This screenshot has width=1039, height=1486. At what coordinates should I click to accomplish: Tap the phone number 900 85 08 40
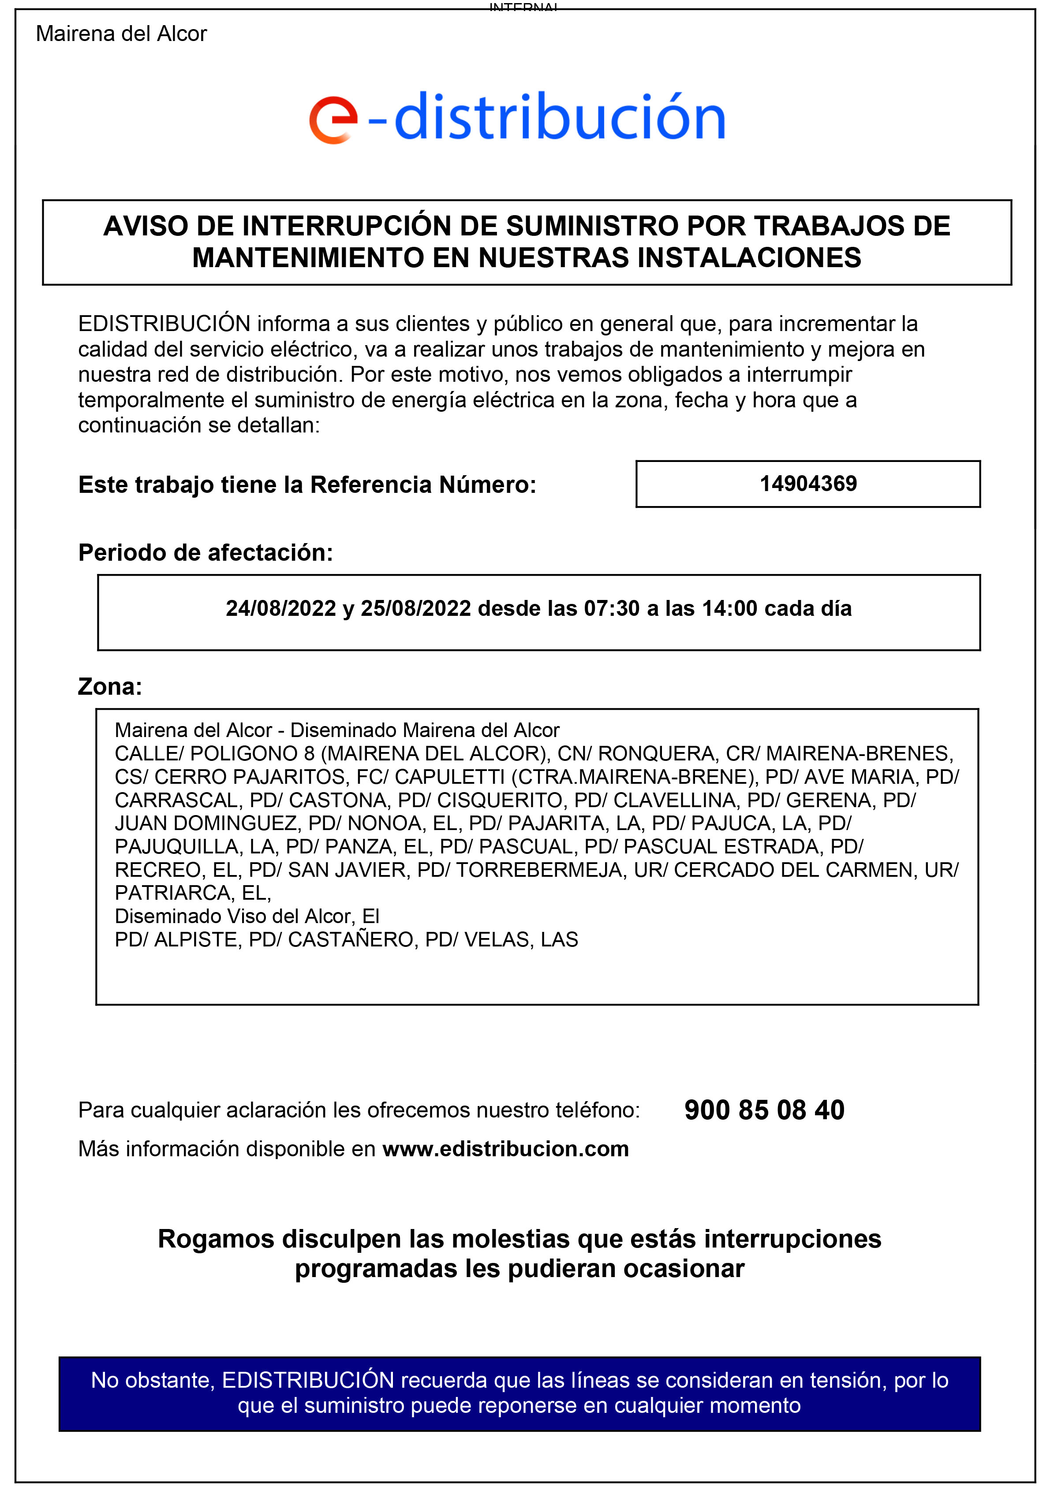(764, 1110)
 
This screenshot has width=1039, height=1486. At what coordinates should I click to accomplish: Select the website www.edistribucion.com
(505, 1149)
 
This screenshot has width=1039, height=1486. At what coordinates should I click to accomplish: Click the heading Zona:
(109, 686)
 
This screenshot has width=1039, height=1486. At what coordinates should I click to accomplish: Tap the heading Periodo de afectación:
(205, 553)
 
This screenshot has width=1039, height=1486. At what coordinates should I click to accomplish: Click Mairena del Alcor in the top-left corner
(121, 34)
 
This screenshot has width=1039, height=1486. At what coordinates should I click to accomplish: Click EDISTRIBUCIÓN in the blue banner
(307, 1381)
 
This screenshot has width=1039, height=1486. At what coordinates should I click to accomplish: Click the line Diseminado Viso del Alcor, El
(247, 916)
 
